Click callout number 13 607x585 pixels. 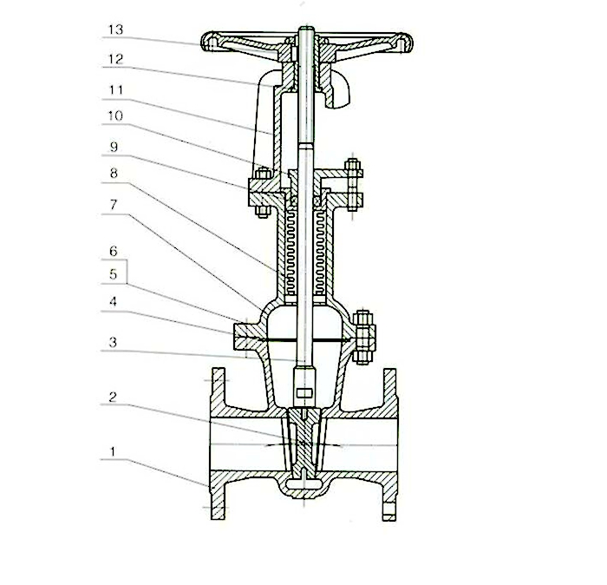[115, 30]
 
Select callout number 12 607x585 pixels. [115, 59]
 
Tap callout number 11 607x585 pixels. [115, 88]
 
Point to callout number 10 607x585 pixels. [115, 115]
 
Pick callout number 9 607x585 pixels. [115, 145]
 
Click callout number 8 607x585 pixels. [115, 173]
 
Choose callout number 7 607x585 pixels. [115, 201]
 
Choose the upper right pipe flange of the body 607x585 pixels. [389, 391]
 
